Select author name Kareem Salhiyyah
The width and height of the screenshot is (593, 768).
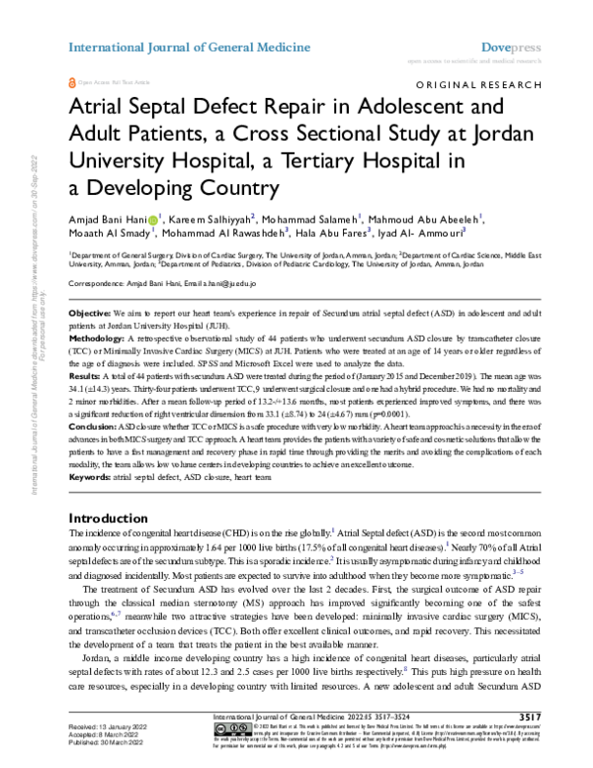[x=212, y=218]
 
